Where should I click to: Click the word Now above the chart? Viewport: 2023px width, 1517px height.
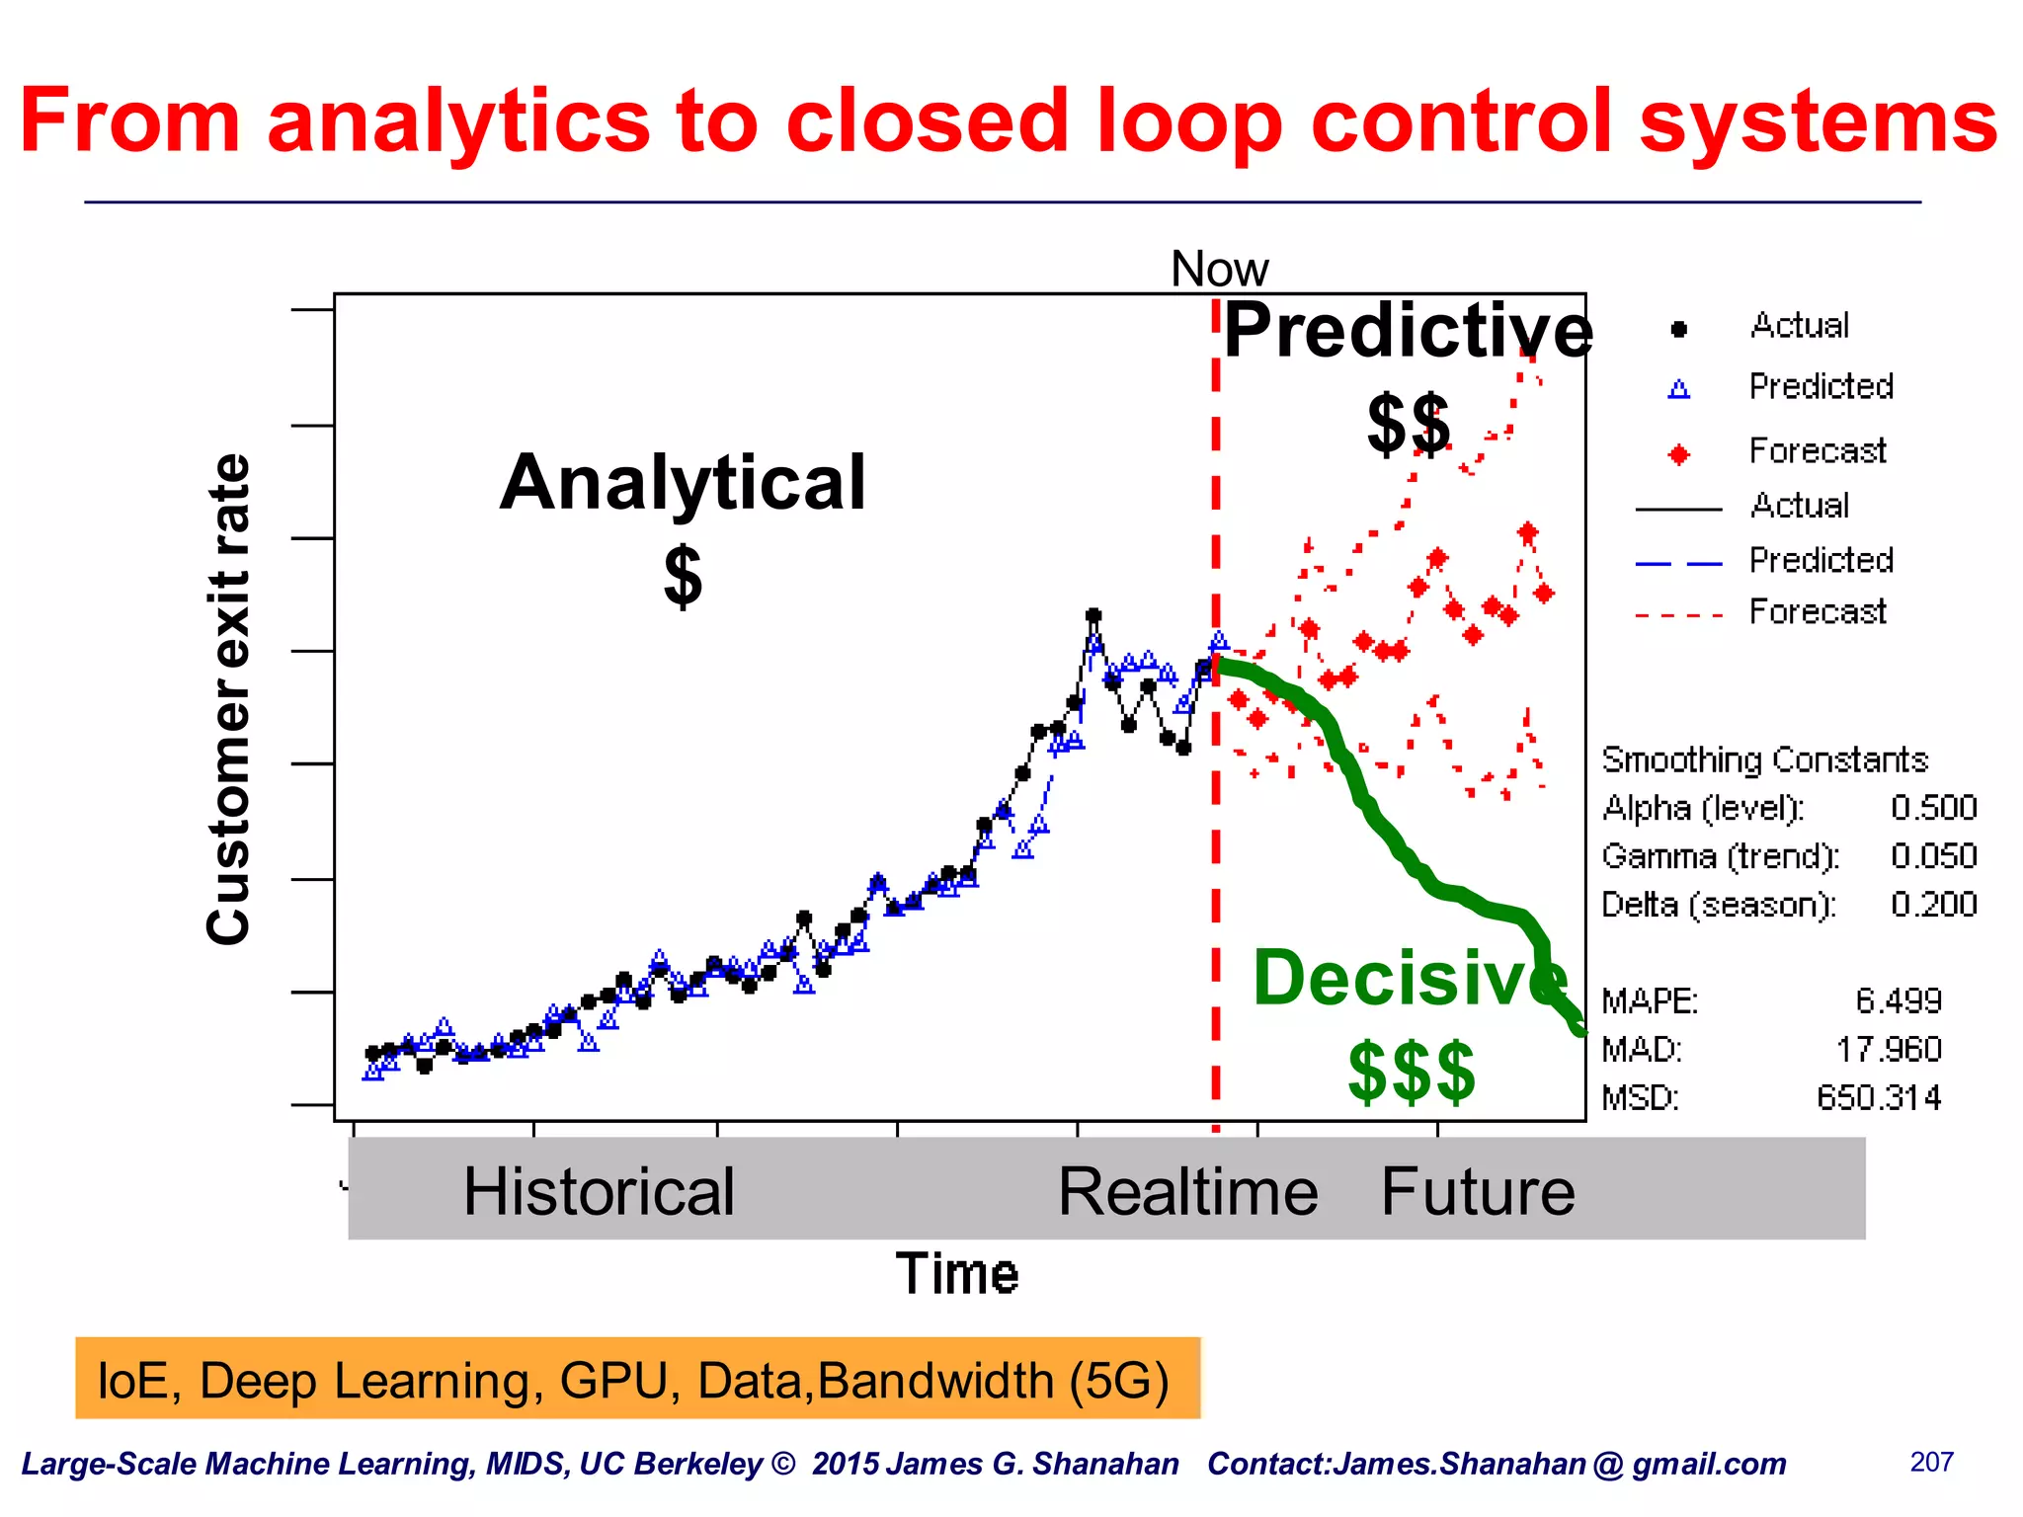1219,269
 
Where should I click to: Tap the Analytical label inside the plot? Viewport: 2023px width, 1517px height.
683,483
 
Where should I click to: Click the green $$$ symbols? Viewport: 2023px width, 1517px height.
1412,1072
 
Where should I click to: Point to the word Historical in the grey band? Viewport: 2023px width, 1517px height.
599,1191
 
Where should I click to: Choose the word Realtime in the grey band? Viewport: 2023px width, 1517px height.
1187,1191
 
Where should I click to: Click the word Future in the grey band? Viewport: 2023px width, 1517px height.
1477,1191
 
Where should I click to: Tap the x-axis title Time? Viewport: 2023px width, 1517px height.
956,1273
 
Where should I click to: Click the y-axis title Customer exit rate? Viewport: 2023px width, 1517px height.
228,699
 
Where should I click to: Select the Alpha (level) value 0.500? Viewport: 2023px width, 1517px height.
1933,808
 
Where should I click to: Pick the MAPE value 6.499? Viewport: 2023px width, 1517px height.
1898,1001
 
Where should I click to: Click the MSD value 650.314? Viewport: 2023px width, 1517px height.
1879,1098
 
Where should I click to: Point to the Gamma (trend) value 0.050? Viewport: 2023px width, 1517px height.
1933,856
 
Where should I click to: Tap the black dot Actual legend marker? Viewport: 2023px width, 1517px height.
1678,329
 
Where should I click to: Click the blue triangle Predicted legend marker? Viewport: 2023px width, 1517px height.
1678,389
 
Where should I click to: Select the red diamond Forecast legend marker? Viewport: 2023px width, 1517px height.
1678,454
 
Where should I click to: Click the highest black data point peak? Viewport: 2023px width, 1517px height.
1092,615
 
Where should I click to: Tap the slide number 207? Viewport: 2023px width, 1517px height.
1931,1462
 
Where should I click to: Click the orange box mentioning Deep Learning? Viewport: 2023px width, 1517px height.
637,1379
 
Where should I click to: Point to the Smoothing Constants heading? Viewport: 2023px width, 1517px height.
1764,759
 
